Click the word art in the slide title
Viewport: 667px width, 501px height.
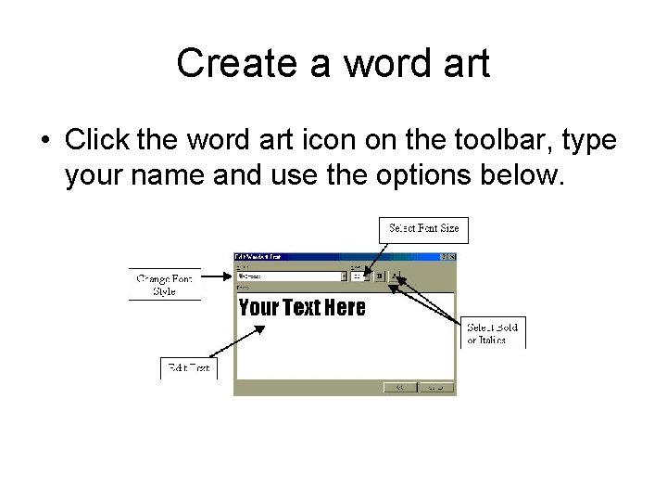pos(463,64)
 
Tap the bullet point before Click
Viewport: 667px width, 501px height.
pos(44,141)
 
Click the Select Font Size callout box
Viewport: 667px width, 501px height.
pos(423,228)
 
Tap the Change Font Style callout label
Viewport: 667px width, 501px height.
pos(164,285)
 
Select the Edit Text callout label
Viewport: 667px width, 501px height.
pos(189,368)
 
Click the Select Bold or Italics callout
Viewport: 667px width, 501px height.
pos(493,333)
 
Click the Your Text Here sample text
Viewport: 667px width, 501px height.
pos(302,308)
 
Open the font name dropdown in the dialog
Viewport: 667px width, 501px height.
pos(344,276)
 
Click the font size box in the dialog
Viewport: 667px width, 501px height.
pos(357,276)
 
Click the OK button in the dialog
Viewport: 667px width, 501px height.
pos(400,388)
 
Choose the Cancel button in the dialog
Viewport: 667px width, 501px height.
pos(435,388)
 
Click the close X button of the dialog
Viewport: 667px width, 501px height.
pos(450,256)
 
